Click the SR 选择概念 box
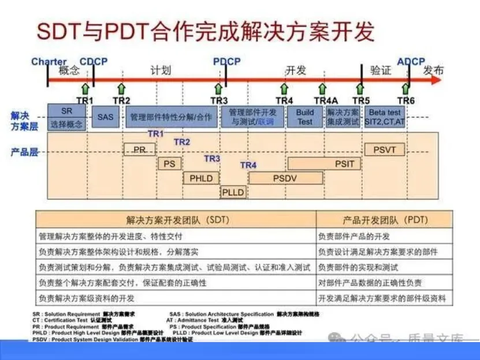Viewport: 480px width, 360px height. pyautogui.click(x=66, y=117)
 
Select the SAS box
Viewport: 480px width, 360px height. pyautogui.click(x=105, y=117)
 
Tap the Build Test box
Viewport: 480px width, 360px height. pyautogui.click(x=305, y=117)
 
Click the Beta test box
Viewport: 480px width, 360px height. pyautogui.click(x=385, y=117)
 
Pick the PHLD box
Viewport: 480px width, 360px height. pyautogui.click(x=201, y=179)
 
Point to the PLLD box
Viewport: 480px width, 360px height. pyautogui.click(x=233, y=192)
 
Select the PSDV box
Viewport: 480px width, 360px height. pyautogui.click(x=285, y=179)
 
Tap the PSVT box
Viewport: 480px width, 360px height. pyautogui.click(x=385, y=150)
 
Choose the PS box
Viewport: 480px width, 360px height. pyautogui.click(x=169, y=164)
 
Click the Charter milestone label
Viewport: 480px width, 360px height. pyautogui.click(x=49, y=62)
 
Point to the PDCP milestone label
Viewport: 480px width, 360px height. pyautogui.click(x=226, y=62)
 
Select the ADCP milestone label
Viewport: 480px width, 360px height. pyautogui.click(x=411, y=62)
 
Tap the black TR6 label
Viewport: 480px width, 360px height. pyautogui.click(x=405, y=101)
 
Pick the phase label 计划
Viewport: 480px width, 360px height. pyautogui.click(x=161, y=71)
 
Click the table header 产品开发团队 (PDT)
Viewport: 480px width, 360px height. pyautogui.click(x=384, y=220)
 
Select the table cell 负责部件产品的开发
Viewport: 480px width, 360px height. pyautogui.click(x=354, y=236)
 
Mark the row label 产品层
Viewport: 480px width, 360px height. pyautogui.click(x=24, y=152)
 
